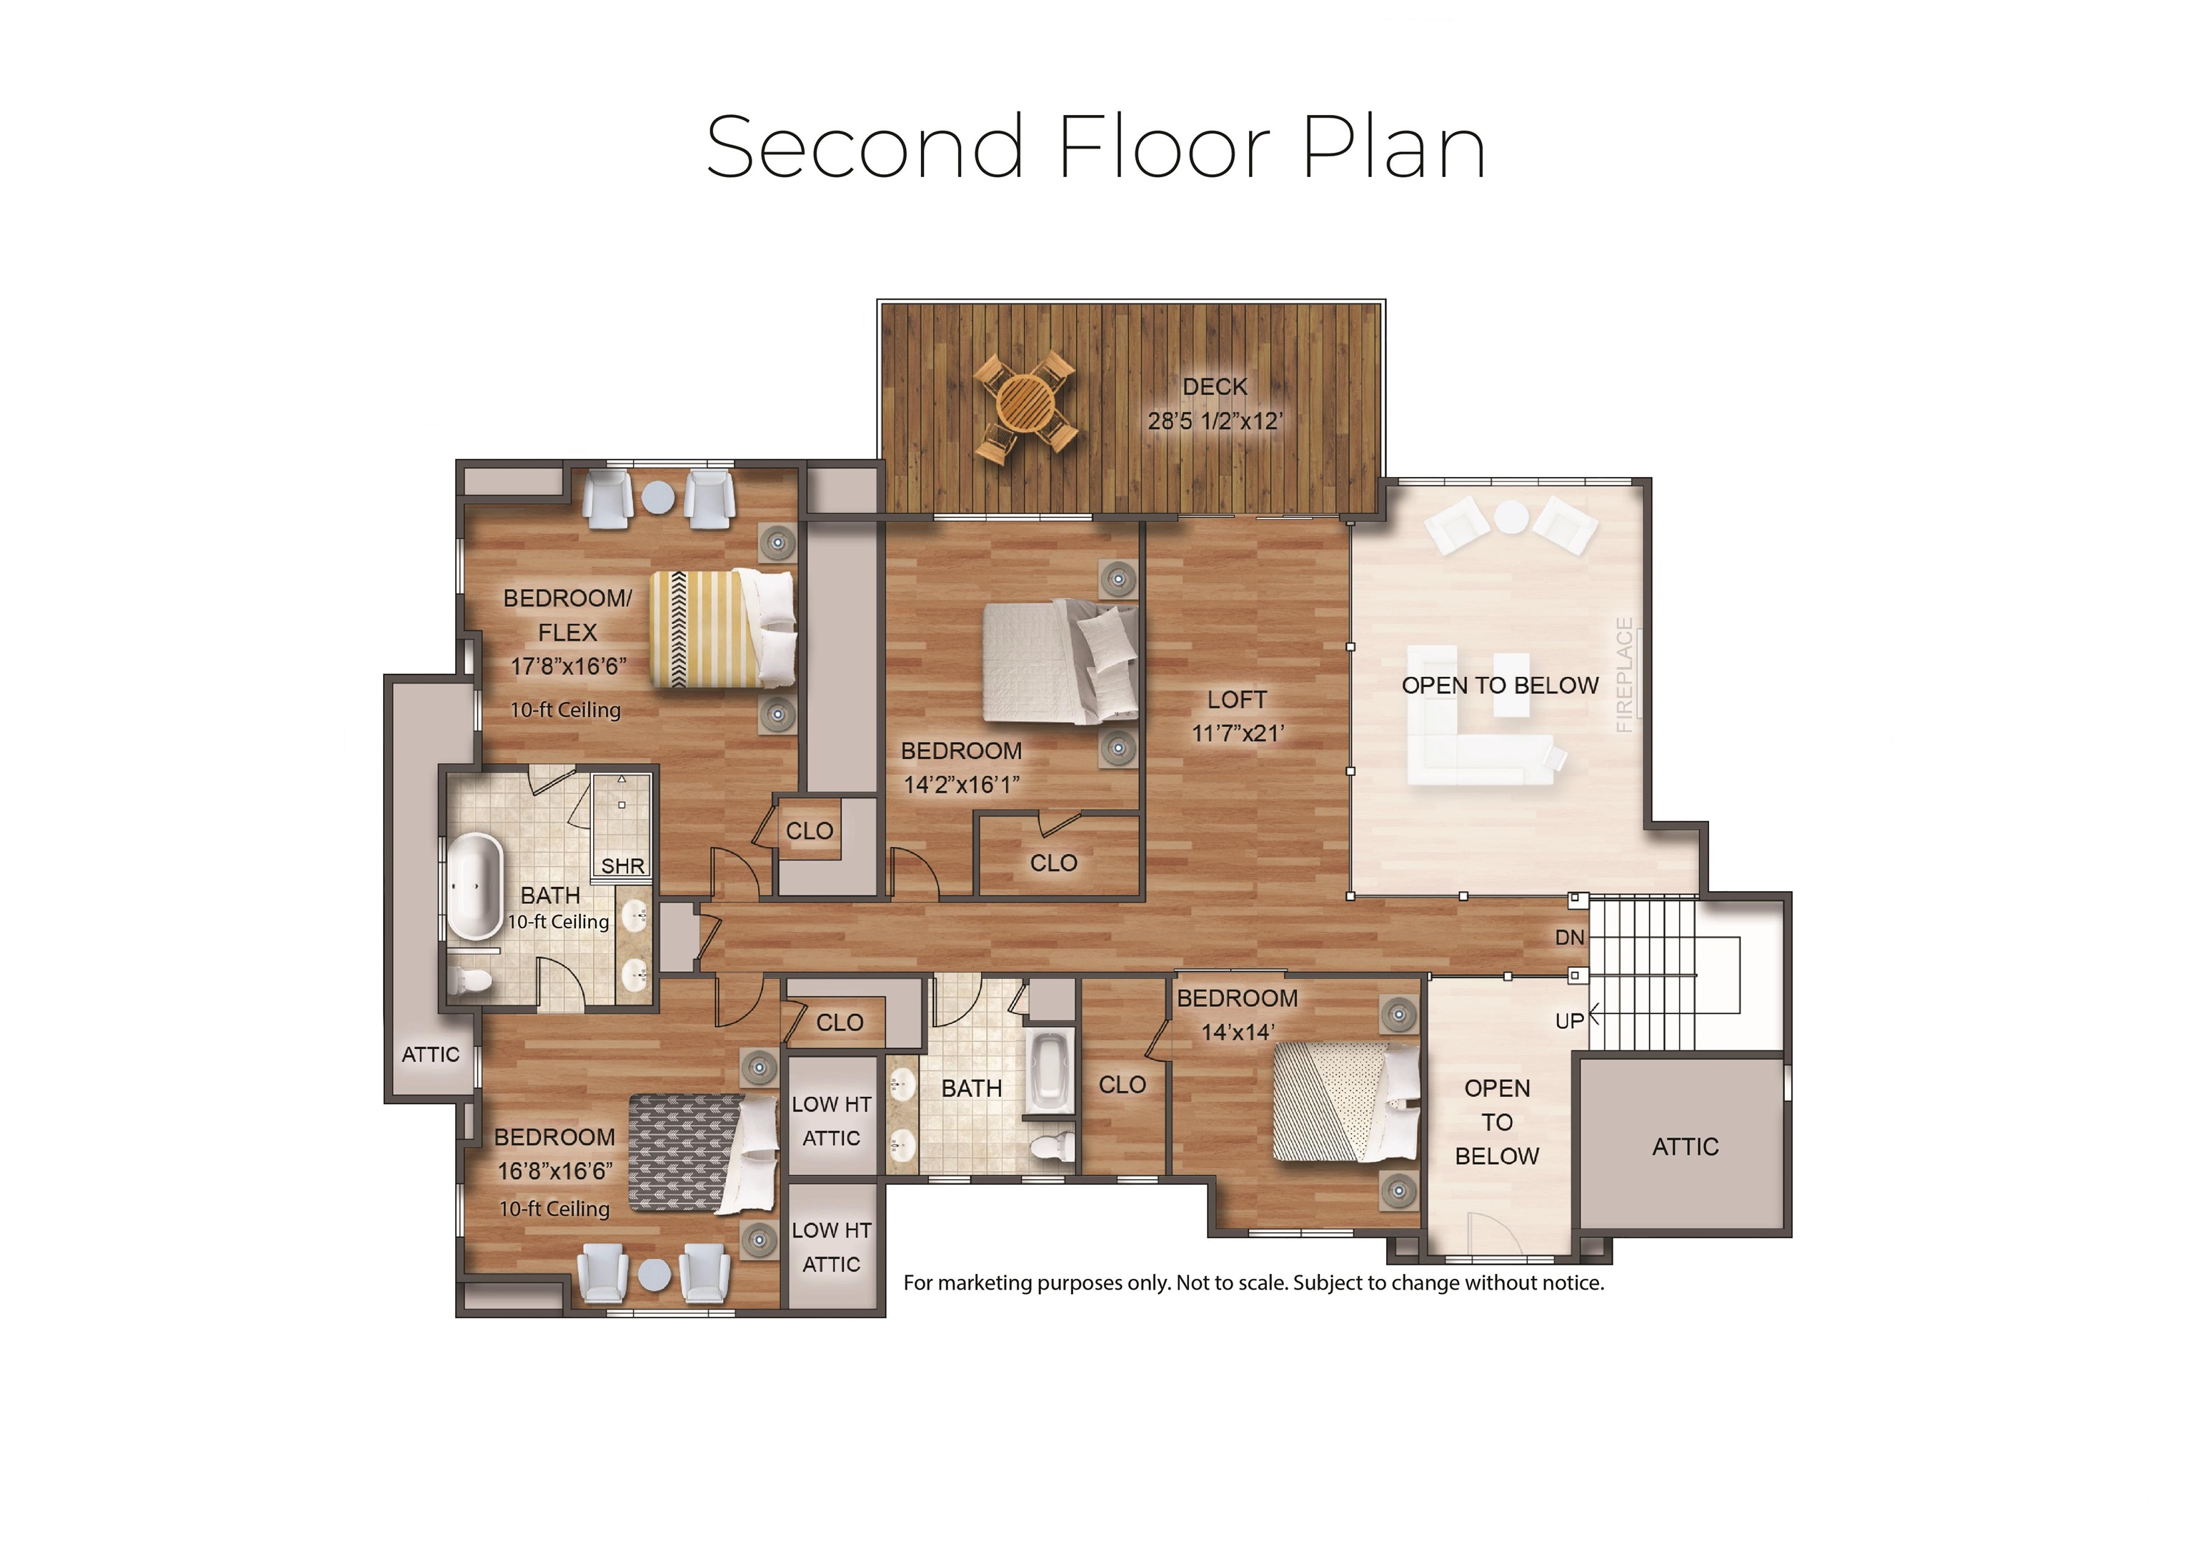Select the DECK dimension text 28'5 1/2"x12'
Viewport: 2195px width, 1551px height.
click(1215, 421)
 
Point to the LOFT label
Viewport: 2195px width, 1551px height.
click(1236, 700)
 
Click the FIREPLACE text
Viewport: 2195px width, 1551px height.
click(1623, 675)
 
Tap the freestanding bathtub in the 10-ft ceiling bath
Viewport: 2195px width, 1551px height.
click(475, 887)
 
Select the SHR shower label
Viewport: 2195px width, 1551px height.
click(622, 865)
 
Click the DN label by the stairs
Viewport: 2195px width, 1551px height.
click(1569, 938)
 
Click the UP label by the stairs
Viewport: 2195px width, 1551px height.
click(1569, 1020)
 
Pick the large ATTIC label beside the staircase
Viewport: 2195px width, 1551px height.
click(1685, 1147)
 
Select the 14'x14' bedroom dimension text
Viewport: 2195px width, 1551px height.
click(1237, 1032)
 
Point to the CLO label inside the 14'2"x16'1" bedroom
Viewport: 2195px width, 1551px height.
click(1052, 863)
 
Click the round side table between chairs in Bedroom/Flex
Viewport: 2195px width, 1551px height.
click(658, 497)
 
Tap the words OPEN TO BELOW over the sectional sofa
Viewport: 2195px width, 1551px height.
click(1499, 686)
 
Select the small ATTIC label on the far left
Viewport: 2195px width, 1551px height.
click(430, 1054)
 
